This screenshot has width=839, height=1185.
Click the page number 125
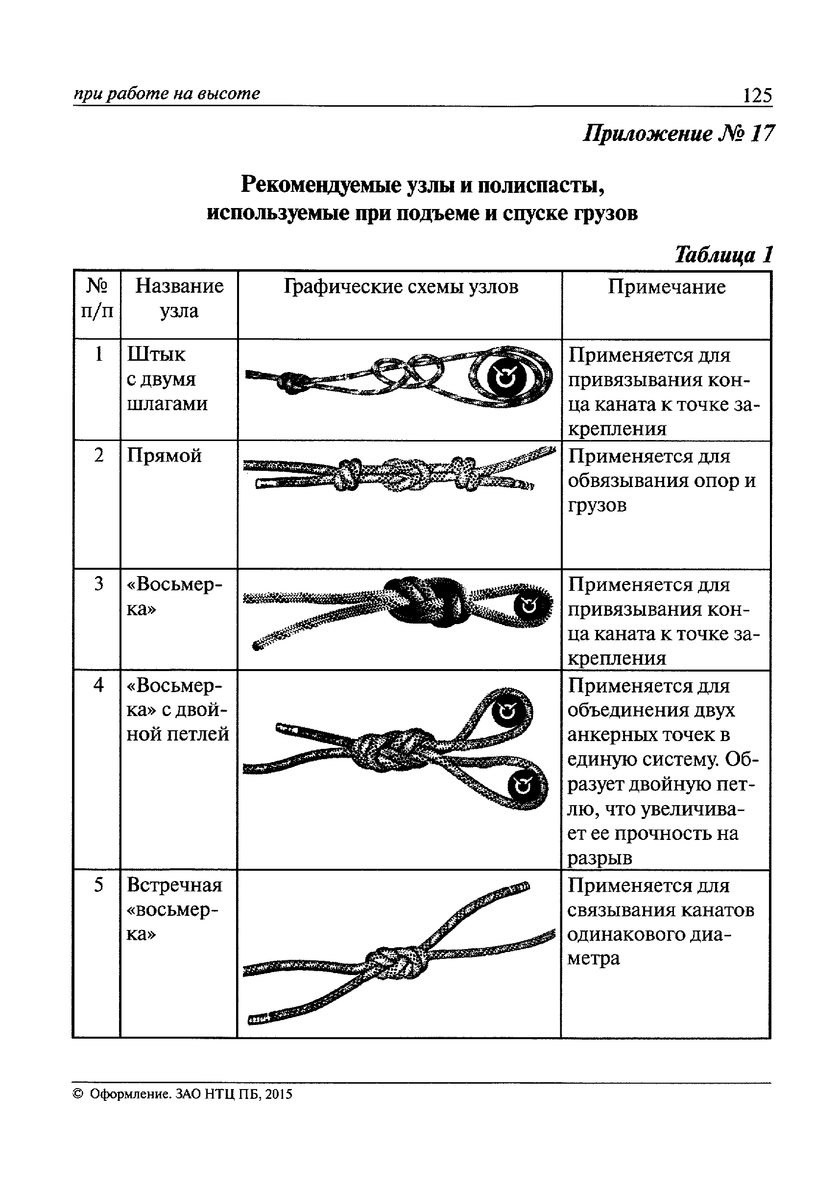757,95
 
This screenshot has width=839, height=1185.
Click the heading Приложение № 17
678,134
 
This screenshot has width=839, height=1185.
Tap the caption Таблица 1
723,255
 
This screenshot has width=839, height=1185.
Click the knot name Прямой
164,456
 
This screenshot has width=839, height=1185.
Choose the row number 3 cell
98,584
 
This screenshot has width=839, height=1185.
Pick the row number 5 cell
98,885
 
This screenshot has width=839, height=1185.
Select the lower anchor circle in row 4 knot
523,787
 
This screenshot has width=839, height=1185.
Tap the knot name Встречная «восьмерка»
173,910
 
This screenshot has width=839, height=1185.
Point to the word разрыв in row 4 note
599,858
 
